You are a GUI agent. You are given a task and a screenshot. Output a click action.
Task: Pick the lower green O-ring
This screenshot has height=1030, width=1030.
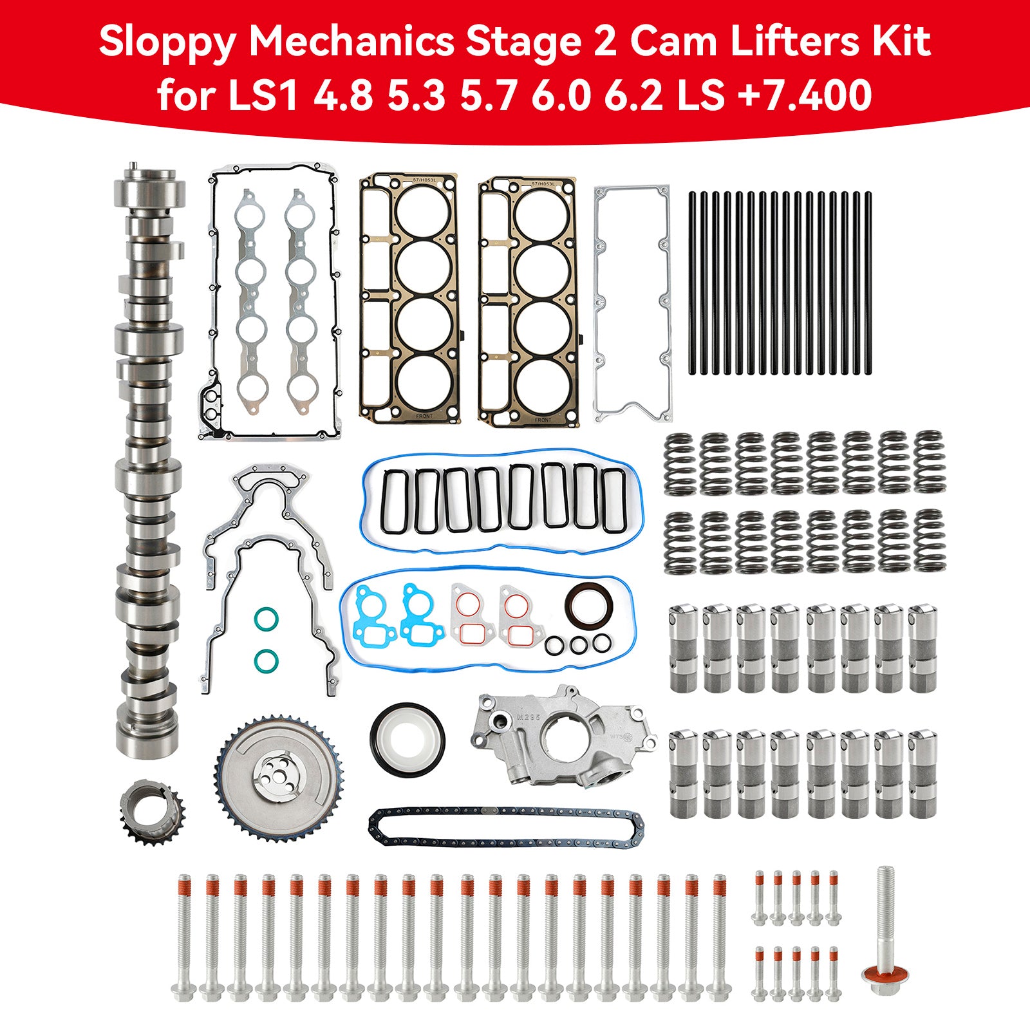(x=266, y=659)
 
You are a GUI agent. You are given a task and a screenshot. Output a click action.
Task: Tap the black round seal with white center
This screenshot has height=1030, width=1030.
(x=407, y=736)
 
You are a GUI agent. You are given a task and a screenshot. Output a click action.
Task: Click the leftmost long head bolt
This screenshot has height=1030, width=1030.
(x=184, y=937)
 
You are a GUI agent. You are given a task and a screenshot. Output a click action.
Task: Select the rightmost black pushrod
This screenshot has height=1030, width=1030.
(x=868, y=283)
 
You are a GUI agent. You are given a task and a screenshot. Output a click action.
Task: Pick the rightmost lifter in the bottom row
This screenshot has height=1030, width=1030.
(x=922, y=774)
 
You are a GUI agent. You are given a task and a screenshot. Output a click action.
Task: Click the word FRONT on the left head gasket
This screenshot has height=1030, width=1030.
(x=424, y=416)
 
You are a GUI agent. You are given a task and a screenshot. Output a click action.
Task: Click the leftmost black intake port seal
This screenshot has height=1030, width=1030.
(x=394, y=501)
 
